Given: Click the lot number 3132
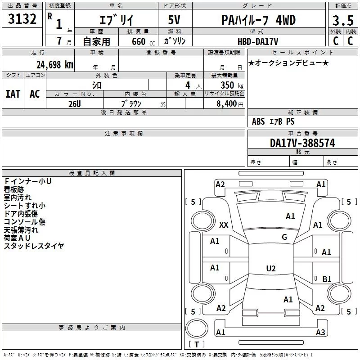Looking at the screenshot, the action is tap(22, 19).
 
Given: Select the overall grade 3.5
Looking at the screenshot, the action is tap(343, 20).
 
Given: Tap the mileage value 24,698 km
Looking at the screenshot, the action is tap(55, 65).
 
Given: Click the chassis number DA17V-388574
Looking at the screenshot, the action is tap(302, 143).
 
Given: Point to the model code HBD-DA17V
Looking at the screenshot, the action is tap(258, 41).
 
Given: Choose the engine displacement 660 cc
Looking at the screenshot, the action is tap(143, 41).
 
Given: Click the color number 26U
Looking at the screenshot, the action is tap(75, 104).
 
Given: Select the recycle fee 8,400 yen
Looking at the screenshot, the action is tap(230, 104).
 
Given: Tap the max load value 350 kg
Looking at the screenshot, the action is tap(232, 85).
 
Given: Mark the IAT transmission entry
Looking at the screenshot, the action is tap(13, 94).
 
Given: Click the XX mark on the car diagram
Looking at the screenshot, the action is tap(224, 225).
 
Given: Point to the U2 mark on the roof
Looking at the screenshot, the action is tap(271, 268).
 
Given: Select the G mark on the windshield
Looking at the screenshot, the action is tap(284, 237).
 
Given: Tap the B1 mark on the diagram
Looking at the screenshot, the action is tap(327, 279).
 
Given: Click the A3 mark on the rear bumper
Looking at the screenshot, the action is tap(320, 332).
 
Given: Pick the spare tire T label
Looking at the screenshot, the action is tap(197, 344).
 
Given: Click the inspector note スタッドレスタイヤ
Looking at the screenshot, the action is tap(34, 246).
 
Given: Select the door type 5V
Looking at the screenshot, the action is tap(174, 20).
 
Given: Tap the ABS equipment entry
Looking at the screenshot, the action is tap(258, 121).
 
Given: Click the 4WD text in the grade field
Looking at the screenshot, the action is tap(285, 20).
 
